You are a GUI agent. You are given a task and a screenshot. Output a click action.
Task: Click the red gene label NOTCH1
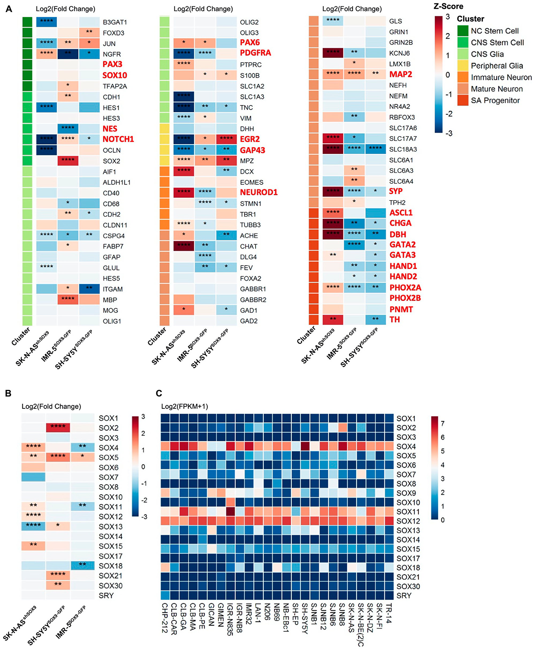pyautogui.click(x=118, y=139)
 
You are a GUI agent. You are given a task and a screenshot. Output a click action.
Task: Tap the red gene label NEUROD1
pyautogui.click(x=259, y=192)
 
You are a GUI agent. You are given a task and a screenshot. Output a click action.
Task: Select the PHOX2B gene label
pyautogui.click(x=405, y=298)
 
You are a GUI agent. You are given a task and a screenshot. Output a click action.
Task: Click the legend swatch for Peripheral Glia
pyautogui.click(x=463, y=66)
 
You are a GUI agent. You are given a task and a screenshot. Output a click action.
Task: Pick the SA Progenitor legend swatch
pyautogui.click(x=463, y=101)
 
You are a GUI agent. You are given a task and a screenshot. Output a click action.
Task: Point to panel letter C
pyautogui.click(x=159, y=393)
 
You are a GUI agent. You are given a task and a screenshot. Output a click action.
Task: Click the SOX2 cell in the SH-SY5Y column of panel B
pyautogui.click(x=58, y=427)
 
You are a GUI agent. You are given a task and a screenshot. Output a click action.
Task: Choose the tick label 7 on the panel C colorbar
pyautogui.click(x=442, y=423)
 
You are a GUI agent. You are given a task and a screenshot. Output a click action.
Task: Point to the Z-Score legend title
pyautogui.click(x=448, y=6)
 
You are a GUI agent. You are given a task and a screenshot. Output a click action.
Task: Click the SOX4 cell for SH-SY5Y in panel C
pyautogui.click(x=305, y=446)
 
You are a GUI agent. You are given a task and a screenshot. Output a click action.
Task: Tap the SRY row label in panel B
pyautogui.click(x=106, y=595)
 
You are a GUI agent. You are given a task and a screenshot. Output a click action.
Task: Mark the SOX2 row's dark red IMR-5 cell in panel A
pyautogui.click(x=68, y=161)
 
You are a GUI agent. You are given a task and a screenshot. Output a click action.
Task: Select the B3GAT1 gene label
pyautogui.click(x=115, y=22)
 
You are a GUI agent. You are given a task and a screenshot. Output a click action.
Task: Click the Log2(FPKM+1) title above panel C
pyautogui.click(x=185, y=406)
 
